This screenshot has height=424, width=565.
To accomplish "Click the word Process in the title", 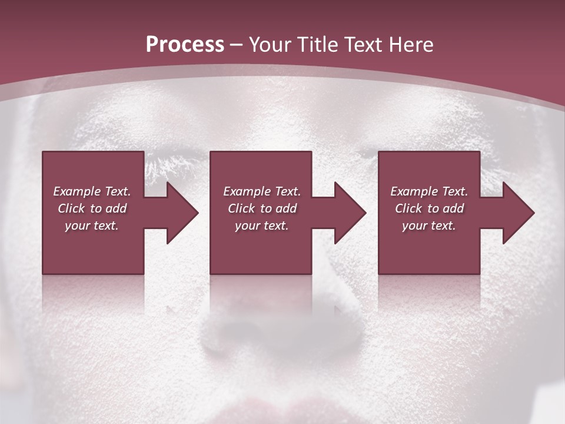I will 185,45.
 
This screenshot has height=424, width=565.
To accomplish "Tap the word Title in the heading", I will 316,45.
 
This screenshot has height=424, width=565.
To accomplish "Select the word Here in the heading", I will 411,45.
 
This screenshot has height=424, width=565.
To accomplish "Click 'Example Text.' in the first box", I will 92,191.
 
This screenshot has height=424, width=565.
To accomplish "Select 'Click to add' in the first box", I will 92,208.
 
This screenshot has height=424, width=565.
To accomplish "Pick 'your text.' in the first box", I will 92,226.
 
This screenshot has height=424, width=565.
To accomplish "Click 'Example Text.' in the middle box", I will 262,191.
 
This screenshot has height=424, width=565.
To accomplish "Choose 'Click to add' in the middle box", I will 262,208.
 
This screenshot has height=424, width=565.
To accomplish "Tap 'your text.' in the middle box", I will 262,226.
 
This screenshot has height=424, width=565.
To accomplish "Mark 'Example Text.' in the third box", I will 429,191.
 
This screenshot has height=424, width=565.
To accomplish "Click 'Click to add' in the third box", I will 429,208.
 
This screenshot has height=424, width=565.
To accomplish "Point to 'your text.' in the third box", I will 429,226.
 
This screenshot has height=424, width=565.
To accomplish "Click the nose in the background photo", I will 277,330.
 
